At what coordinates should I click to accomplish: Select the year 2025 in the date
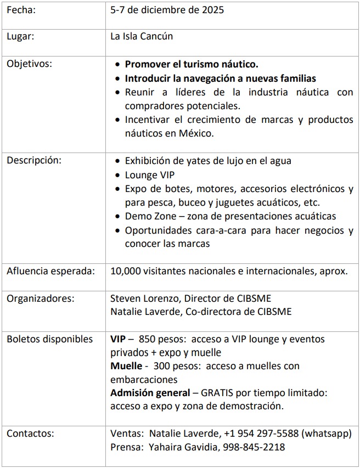[x=212, y=10]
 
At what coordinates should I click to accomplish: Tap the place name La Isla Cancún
[x=142, y=37]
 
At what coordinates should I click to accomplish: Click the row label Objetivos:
[x=29, y=64]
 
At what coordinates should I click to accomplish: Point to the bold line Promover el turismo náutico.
[x=192, y=64]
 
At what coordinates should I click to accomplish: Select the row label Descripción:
[x=34, y=161]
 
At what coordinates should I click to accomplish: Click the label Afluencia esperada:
[x=50, y=271]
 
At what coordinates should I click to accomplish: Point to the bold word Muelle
[x=126, y=365]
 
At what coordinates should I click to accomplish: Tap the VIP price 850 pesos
[x=164, y=339]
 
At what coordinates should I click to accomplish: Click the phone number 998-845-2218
[x=254, y=447]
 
